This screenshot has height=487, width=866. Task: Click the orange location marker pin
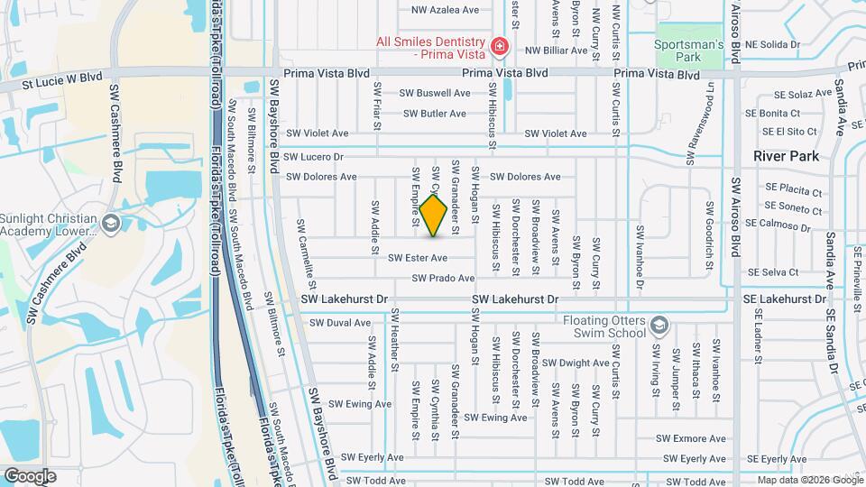434,215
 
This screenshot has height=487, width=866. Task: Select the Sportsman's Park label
690,50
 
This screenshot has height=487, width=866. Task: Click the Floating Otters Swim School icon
659,323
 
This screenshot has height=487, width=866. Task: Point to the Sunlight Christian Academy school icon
111,223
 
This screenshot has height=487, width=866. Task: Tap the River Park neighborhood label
787,156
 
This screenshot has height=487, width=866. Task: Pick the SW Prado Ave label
442,279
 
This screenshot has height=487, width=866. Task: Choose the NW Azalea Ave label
445,10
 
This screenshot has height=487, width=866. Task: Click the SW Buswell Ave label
437,93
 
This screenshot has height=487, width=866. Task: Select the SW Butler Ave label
435,114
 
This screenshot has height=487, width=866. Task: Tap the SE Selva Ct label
773,271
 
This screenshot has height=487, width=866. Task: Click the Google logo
30,476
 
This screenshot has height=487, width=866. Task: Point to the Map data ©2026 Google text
808,480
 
